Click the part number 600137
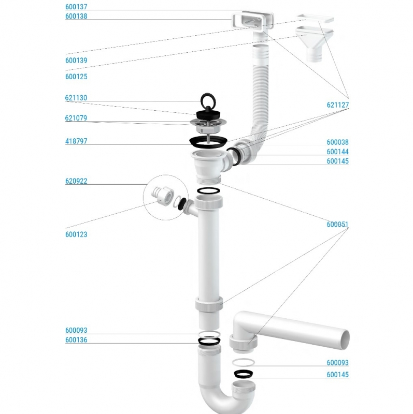click(x=76, y=7)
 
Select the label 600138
click(x=76, y=16)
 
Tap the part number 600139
click(x=76, y=60)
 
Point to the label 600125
click(x=76, y=77)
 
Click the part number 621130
click(x=76, y=98)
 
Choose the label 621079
click(x=76, y=118)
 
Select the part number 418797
click(x=76, y=141)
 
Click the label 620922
click(x=76, y=181)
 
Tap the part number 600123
click(x=76, y=234)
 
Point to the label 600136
click(x=76, y=340)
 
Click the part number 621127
click(x=338, y=105)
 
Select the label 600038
click(x=338, y=142)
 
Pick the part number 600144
click(x=338, y=152)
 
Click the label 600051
click(x=338, y=225)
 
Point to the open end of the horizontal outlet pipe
click(x=345, y=339)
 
